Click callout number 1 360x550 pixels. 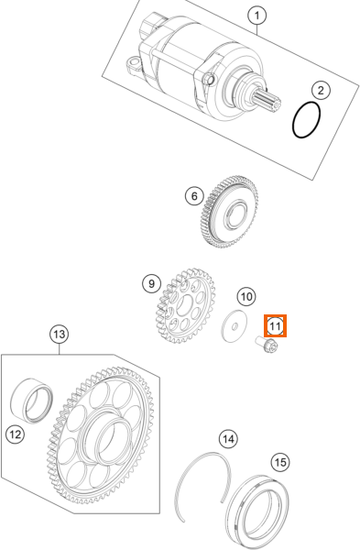[x=256, y=16]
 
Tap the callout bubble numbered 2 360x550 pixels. [x=321, y=91]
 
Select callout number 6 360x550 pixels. [x=194, y=196]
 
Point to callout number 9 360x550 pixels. [x=151, y=283]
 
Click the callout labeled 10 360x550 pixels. [x=246, y=296]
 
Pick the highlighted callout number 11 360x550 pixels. [x=275, y=325]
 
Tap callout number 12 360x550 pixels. [x=15, y=434]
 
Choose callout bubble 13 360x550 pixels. [x=60, y=334]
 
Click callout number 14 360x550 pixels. [x=228, y=439]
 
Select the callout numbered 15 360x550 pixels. [x=280, y=462]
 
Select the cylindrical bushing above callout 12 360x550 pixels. [x=32, y=400]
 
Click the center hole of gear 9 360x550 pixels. [x=185, y=305]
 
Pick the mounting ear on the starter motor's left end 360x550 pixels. [x=133, y=65]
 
